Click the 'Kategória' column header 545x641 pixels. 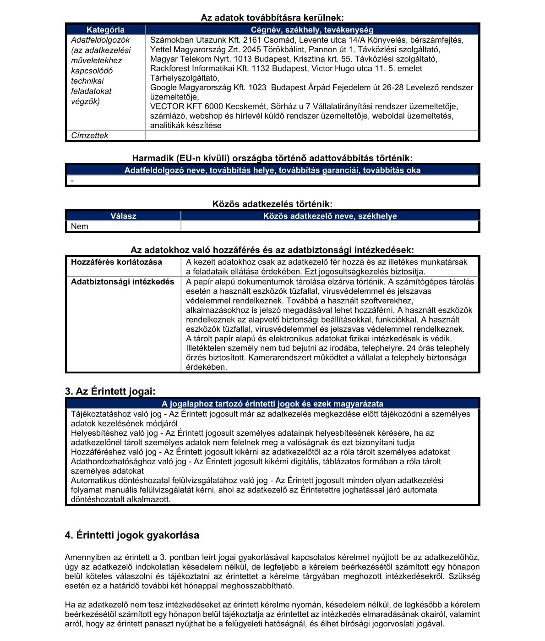(105, 30)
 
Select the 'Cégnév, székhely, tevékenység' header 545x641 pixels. (312, 30)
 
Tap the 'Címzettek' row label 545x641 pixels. (90, 136)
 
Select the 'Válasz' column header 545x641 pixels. (123, 216)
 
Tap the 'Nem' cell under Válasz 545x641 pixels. (80, 226)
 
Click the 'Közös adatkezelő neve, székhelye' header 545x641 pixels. (330, 216)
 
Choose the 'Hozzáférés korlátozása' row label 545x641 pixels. (116, 262)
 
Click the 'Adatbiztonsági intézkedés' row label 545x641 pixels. (122, 282)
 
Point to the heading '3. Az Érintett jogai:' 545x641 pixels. (110, 392)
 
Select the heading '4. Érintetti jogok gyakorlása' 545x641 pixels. (132, 535)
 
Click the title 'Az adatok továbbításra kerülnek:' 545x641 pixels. (272, 18)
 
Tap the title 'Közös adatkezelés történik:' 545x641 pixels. (272, 204)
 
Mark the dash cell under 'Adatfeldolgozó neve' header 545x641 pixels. (72, 181)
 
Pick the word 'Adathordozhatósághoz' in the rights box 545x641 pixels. (109, 461)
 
